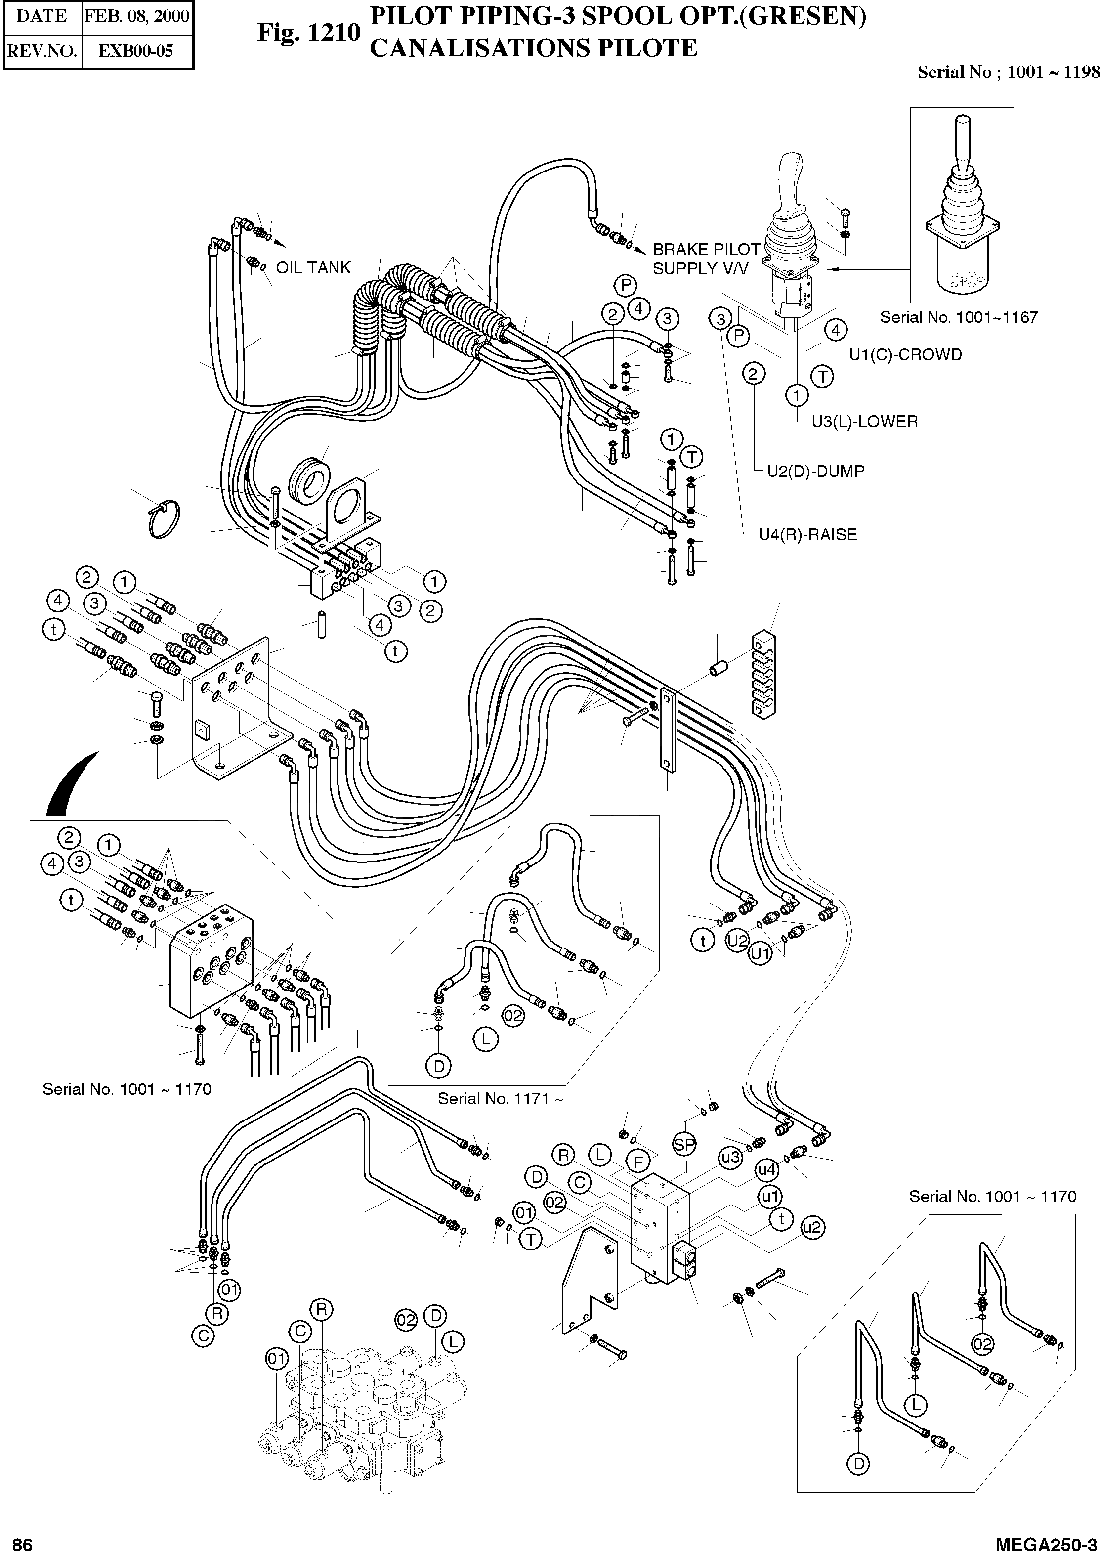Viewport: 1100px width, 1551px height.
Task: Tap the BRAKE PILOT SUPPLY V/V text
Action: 706,259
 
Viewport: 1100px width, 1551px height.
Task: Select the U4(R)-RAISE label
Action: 807,535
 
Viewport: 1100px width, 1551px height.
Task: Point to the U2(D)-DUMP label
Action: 815,472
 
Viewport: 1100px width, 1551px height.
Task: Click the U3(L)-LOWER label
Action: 864,421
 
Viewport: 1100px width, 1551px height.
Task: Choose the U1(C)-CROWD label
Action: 905,355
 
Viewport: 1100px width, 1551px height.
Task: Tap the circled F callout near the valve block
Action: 638,1162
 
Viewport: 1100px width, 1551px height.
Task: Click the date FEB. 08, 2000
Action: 137,16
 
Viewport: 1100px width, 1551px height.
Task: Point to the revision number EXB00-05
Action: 136,51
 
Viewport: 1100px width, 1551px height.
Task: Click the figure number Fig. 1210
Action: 308,32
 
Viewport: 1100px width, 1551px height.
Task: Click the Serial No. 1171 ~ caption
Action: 500,1099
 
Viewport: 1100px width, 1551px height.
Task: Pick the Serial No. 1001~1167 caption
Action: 959,317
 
